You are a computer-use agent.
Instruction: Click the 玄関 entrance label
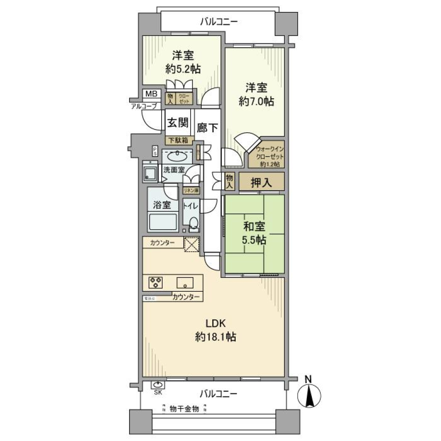pos(177,123)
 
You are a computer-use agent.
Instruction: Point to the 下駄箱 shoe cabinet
pos(178,141)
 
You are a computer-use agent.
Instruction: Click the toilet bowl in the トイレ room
pos(194,224)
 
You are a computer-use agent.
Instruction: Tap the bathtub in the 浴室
pos(163,223)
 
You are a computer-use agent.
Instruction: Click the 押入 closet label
pos(261,182)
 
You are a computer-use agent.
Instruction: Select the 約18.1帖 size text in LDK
pos(215,337)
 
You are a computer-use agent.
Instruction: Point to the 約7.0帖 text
pos(256,102)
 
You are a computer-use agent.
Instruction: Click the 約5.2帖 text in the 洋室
pos(183,69)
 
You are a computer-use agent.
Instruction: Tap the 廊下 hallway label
pos(206,128)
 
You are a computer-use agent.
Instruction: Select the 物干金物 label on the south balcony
pos(184,408)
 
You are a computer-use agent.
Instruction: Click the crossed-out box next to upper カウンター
pos(191,244)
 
